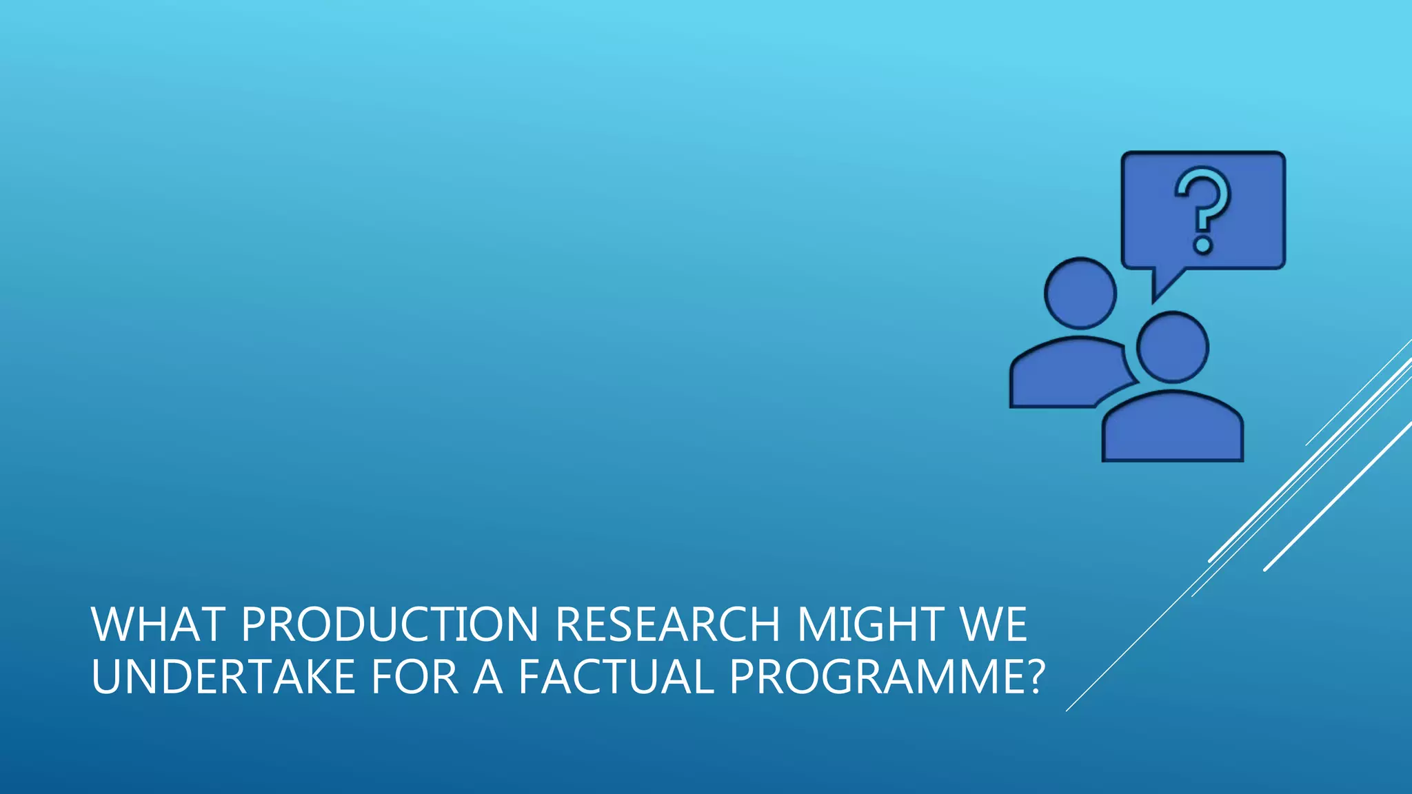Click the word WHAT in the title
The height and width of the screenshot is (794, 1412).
pos(157,624)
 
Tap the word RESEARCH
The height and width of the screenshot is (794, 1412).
pos(667,624)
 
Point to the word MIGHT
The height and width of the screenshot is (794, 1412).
pos(871,624)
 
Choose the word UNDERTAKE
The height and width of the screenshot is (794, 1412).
pos(223,677)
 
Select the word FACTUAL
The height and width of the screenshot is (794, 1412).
pos(616,677)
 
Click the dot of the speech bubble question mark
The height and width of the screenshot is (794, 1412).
pos(1203,245)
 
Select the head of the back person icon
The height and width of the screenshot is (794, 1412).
pos(1080,293)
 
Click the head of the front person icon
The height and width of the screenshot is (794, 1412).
pos(1172,347)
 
